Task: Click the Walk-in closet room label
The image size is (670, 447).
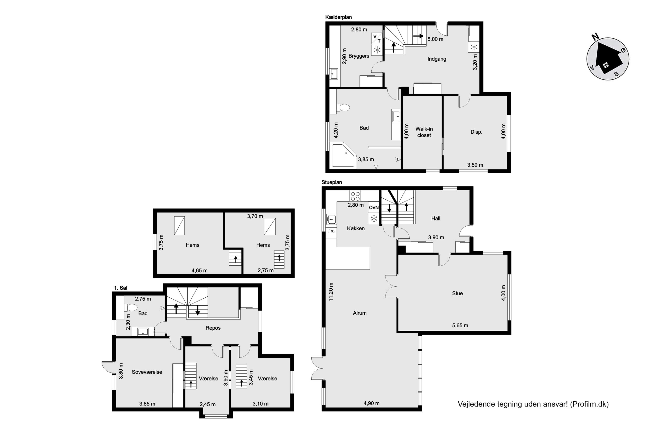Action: click(424, 132)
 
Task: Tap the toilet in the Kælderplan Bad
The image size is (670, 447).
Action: click(343, 108)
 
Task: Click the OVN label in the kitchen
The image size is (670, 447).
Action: click(374, 208)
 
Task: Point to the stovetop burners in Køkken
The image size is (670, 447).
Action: click(355, 196)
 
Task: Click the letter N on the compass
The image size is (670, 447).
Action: click(595, 37)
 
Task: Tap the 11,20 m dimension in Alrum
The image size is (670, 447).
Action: click(331, 292)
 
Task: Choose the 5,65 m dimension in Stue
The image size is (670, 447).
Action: click(460, 325)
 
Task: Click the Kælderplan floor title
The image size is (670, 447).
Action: click(338, 17)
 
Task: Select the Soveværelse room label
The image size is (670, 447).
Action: click(147, 372)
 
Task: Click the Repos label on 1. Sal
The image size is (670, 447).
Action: click(213, 328)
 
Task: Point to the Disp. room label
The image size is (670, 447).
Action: click(476, 132)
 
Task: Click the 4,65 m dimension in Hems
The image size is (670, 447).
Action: click(199, 270)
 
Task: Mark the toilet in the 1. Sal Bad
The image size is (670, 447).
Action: click(131, 307)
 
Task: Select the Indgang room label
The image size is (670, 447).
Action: click(437, 59)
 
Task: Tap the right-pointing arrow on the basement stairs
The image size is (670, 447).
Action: click(418, 36)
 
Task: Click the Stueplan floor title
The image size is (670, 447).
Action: click(332, 182)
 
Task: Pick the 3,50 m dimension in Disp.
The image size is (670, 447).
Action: click(475, 165)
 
